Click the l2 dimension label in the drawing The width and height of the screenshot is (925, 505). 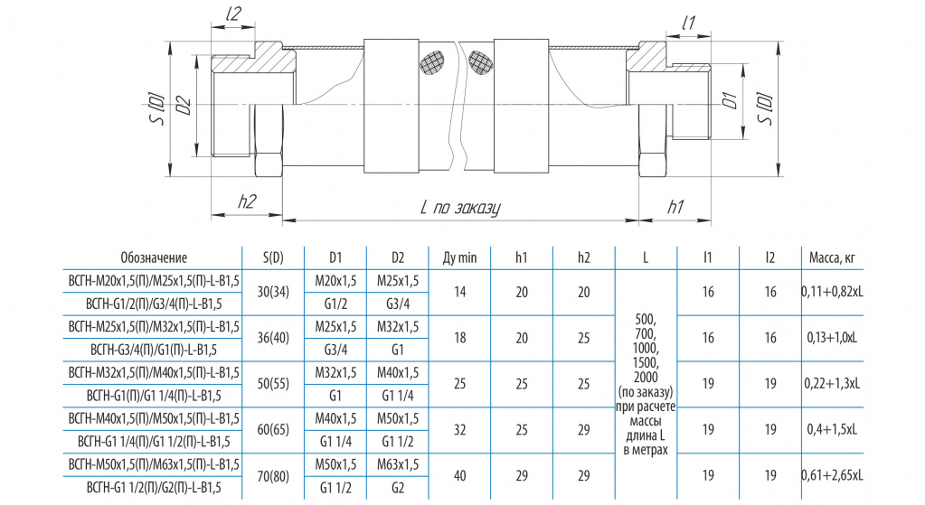(x=233, y=14)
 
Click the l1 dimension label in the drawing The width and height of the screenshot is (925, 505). (x=688, y=23)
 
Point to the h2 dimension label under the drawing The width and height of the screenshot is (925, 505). (x=247, y=201)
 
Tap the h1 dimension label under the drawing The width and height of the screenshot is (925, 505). (x=676, y=206)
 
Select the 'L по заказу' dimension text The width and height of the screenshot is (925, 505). (x=460, y=208)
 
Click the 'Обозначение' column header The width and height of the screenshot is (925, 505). (x=154, y=257)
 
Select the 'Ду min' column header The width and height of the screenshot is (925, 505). (x=459, y=257)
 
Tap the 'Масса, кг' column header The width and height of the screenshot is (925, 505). (x=832, y=257)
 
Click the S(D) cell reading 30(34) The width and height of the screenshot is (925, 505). (x=273, y=292)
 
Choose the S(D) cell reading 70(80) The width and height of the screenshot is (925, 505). (x=273, y=475)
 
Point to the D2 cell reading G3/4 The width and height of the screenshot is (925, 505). (x=398, y=304)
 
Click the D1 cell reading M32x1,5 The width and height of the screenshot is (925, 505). (x=335, y=372)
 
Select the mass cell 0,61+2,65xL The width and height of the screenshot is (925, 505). (x=832, y=475)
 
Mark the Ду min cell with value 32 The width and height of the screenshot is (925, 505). (x=459, y=430)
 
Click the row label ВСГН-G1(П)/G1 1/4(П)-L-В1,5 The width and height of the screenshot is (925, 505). (x=154, y=396)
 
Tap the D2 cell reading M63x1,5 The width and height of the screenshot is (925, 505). (x=398, y=464)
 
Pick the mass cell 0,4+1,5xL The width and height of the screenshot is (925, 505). (x=832, y=430)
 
